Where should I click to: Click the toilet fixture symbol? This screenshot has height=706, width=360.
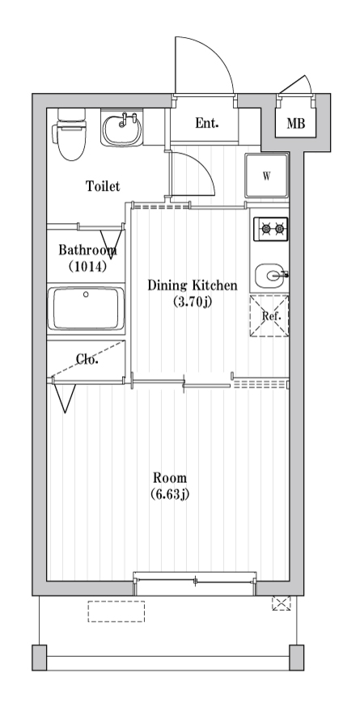69,133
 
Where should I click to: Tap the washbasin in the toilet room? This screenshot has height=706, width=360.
121,129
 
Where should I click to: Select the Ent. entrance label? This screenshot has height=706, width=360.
207,123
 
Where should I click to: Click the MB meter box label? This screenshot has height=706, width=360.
296,124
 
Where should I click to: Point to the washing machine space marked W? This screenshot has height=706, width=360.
267,175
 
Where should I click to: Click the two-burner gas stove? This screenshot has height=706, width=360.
271,229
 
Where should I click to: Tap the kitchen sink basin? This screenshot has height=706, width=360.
270,275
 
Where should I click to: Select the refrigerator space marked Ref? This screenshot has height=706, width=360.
269,315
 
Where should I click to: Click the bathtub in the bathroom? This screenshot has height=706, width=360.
86,309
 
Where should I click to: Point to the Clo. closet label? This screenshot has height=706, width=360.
87,359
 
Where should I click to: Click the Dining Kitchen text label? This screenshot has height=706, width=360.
193,285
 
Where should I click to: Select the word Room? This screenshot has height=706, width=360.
170,478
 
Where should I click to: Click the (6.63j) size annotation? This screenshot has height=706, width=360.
170,494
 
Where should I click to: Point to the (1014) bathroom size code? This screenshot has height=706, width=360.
87,267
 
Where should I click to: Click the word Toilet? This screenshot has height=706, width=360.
103,186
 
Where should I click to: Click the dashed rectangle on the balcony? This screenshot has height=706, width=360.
116,611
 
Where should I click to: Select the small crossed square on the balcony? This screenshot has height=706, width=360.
282,603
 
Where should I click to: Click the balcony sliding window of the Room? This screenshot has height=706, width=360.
195,581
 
